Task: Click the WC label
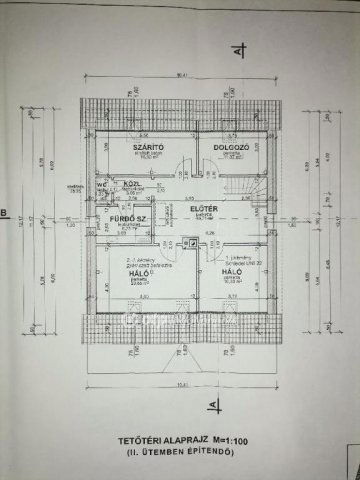(102, 184)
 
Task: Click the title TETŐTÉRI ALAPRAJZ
(154, 441)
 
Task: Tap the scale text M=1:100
(234, 441)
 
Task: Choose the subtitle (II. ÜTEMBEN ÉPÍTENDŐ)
(180, 453)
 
